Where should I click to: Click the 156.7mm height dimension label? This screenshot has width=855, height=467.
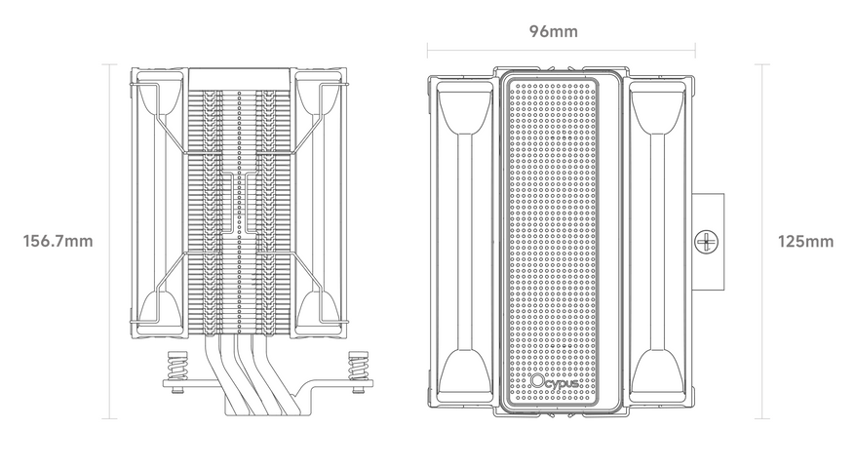point(58,241)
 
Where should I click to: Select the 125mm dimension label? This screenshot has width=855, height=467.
point(805,241)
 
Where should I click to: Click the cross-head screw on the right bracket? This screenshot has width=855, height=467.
point(705,239)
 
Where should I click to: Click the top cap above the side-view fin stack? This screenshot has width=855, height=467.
point(239,79)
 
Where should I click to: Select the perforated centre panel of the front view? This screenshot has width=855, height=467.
point(554,224)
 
